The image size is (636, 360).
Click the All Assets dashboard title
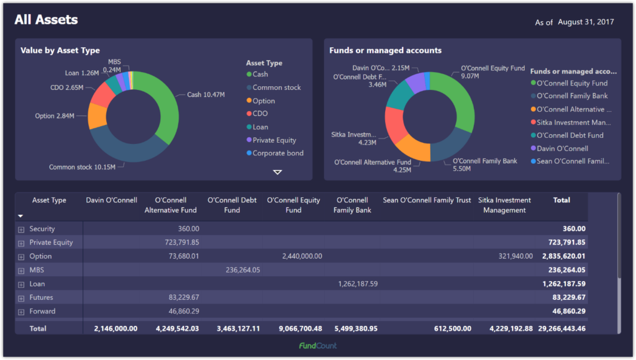(46, 20)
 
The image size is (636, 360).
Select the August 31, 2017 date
(586, 22)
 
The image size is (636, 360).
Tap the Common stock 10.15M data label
(82, 167)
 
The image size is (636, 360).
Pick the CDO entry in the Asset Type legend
(260, 114)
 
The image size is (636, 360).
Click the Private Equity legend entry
(274, 140)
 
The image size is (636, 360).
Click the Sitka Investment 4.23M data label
(353, 138)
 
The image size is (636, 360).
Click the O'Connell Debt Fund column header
(232, 205)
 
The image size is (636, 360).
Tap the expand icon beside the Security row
(21, 230)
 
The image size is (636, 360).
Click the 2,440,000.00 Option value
(302, 256)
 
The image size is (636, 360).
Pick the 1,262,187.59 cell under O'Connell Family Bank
(358, 284)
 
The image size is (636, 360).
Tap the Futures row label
(42, 297)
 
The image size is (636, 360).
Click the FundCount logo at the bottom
(317, 346)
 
